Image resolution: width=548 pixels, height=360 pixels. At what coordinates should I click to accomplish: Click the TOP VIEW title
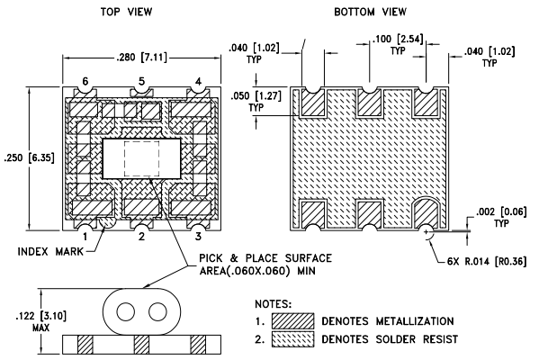(x=127, y=12)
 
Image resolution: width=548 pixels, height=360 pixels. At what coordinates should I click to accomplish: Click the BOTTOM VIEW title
(x=371, y=12)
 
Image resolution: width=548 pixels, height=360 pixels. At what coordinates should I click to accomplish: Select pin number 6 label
(x=85, y=81)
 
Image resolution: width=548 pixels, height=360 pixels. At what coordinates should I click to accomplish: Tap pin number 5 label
(x=141, y=81)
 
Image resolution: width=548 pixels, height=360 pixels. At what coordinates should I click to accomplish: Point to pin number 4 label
(x=198, y=82)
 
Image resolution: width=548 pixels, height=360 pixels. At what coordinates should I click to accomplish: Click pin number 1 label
(x=85, y=237)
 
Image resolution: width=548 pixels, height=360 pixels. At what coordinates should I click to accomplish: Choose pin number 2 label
(x=141, y=237)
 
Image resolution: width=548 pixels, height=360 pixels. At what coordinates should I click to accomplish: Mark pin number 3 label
(x=198, y=237)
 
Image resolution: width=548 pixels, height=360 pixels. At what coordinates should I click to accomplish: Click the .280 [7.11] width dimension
(x=141, y=57)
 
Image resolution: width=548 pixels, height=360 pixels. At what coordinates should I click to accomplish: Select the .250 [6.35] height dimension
(x=30, y=157)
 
